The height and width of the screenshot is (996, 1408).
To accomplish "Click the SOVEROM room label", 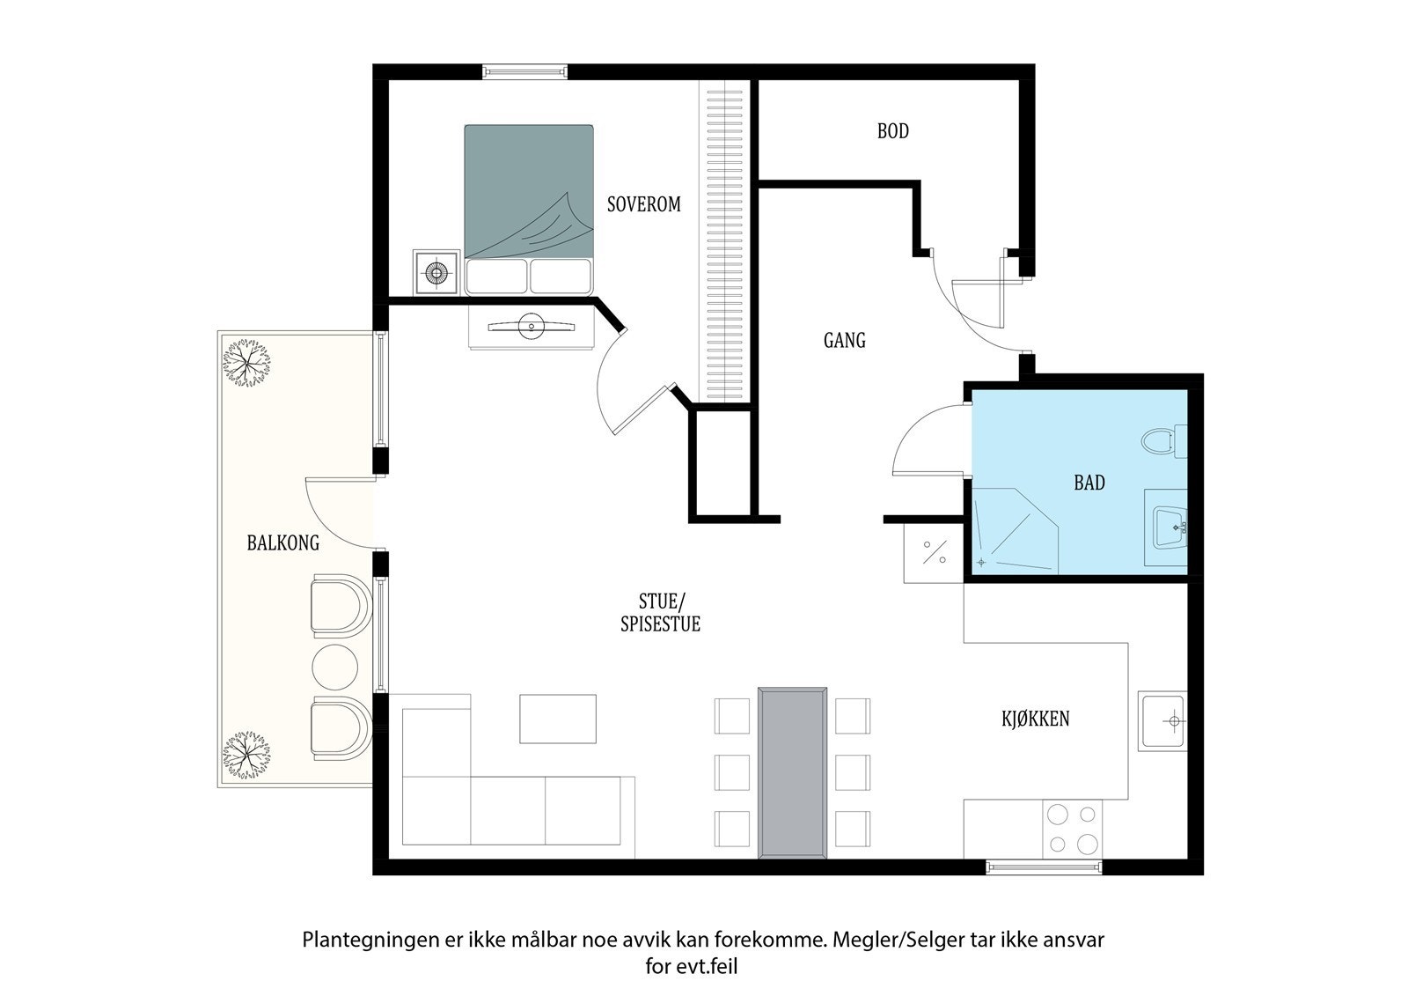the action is click(x=643, y=203).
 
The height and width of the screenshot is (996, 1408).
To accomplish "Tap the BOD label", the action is click(x=892, y=131).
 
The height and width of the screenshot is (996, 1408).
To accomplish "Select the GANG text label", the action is click(x=844, y=341).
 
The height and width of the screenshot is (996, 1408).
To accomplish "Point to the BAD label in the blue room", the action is click(x=1089, y=483).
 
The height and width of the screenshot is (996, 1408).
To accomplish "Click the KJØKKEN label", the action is click(x=1035, y=718).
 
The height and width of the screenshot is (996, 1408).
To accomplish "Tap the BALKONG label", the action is click(x=282, y=542).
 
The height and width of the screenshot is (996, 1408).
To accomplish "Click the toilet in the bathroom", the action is click(x=1163, y=440).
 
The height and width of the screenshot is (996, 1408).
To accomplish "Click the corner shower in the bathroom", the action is click(x=1016, y=531).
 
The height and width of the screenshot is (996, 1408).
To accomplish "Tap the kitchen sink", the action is click(x=1163, y=721).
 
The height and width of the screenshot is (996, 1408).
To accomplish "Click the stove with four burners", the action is click(x=1072, y=830).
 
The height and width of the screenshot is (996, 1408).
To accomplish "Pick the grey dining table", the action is click(x=792, y=772).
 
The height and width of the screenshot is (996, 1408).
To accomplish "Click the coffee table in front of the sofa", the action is click(x=558, y=719).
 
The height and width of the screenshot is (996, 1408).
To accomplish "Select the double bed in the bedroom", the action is click(x=529, y=210).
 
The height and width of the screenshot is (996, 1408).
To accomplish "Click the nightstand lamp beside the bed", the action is click(x=436, y=272).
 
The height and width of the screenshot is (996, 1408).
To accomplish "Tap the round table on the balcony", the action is click(x=335, y=667).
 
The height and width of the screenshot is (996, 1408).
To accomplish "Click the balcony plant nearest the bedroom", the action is click(x=247, y=363).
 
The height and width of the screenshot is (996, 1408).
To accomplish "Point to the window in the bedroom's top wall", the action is click(x=524, y=71).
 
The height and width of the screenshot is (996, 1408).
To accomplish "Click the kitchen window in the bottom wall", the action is click(x=1044, y=867).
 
